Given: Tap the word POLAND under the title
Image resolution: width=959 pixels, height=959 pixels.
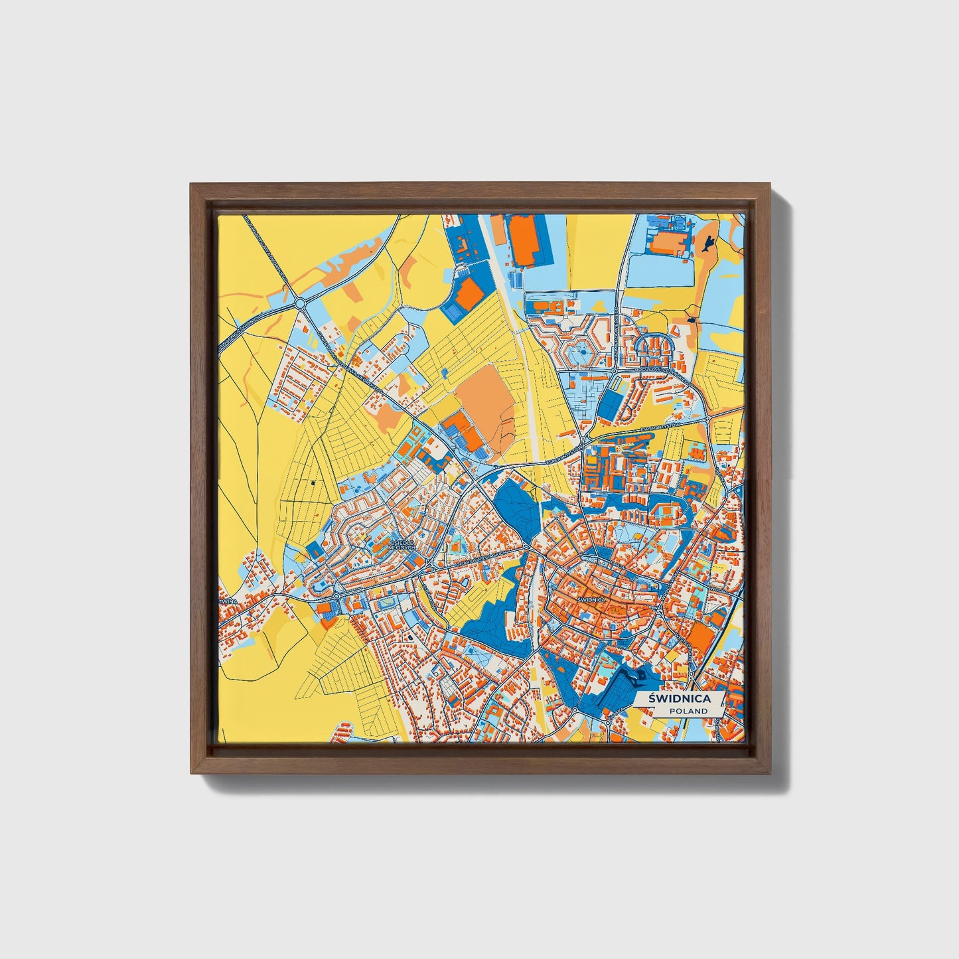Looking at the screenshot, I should (x=688, y=711).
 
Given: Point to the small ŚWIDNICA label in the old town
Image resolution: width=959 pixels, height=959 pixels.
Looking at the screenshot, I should (x=591, y=599).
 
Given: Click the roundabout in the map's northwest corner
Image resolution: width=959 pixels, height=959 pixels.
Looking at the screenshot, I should (x=299, y=303).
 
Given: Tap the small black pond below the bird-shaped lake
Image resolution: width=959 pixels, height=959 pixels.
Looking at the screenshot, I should (x=692, y=321).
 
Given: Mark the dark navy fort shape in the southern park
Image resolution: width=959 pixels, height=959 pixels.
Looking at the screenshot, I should (x=640, y=677).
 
